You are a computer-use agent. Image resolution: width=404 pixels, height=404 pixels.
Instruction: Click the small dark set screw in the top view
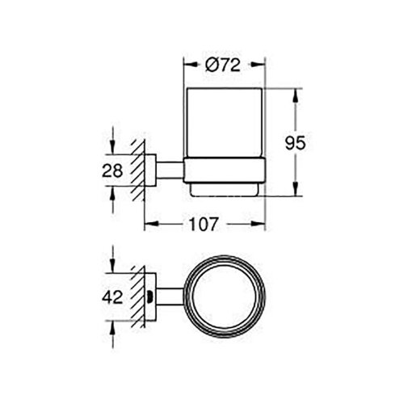click(x=154, y=296)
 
